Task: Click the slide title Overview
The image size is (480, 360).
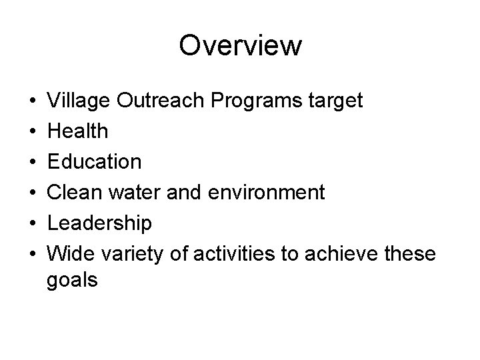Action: click(x=240, y=46)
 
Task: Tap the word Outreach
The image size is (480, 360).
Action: click(x=155, y=101)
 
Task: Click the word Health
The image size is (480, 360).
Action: click(x=77, y=131)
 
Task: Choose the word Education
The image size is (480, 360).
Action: click(x=94, y=161)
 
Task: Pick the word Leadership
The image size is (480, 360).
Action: click(x=100, y=223)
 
